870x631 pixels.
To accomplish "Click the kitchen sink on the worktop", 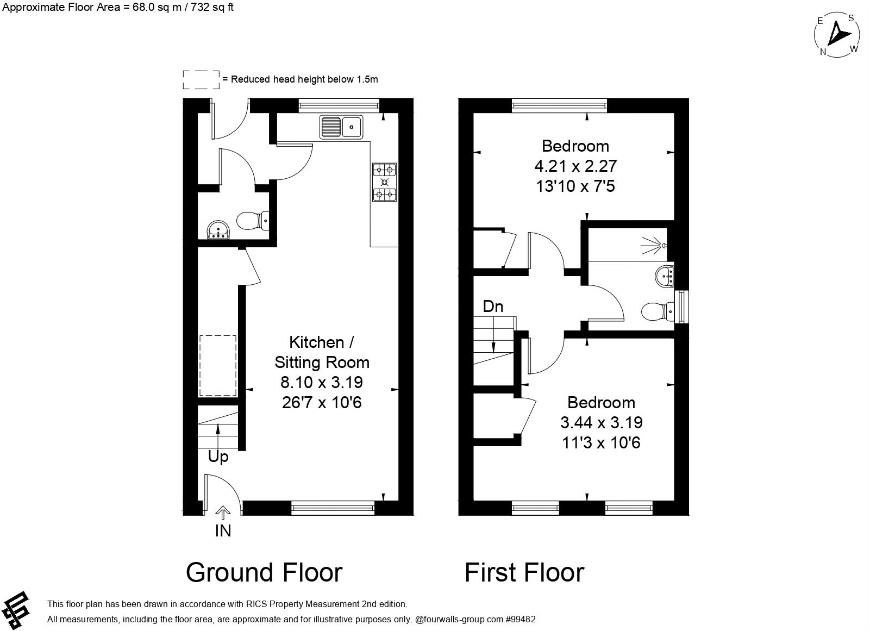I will point(342,127).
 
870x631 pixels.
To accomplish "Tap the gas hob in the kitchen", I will point(384,183).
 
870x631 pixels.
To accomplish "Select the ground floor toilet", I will point(252,221).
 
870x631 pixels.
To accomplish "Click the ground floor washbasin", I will point(219,230).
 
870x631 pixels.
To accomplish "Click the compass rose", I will point(837,35).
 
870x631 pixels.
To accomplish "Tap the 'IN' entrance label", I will point(223,531).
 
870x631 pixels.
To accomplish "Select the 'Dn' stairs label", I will point(493,307).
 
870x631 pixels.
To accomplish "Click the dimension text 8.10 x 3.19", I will point(321,383).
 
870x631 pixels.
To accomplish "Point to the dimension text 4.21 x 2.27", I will point(575,166).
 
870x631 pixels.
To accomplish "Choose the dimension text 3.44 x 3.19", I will point(601,422).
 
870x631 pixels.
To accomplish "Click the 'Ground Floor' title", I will point(264,572).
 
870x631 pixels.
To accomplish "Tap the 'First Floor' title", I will point(524,572).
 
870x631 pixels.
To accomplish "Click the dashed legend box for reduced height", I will point(201,79).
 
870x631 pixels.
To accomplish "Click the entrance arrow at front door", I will point(223,512).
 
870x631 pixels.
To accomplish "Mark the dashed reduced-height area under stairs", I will point(218,366).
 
